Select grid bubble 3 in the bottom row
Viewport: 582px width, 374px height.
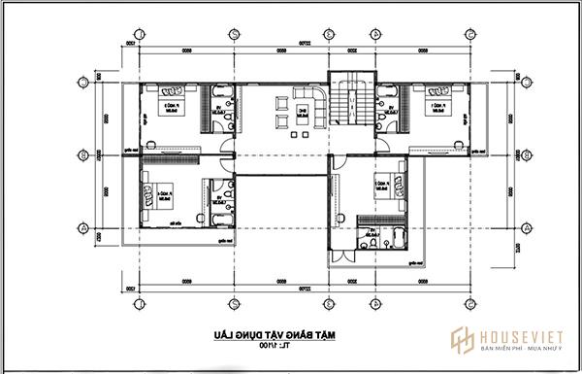[329, 302]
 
